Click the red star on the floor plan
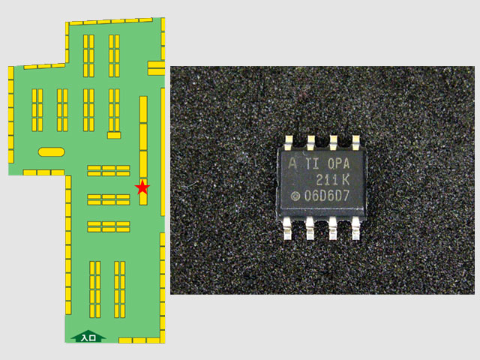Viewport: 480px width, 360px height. point(142,187)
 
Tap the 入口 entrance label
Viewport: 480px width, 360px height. point(87,337)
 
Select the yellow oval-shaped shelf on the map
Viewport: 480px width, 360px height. point(51,151)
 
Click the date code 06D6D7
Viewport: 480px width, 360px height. point(327,196)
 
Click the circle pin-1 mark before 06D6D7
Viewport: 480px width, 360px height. point(295,196)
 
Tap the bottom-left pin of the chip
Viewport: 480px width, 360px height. point(288,230)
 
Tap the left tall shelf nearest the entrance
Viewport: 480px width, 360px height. point(94,288)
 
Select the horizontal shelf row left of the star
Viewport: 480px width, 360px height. point(109,199)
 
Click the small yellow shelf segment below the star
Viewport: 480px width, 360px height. point(142,199)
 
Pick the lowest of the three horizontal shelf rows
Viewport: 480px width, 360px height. point(109,226)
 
